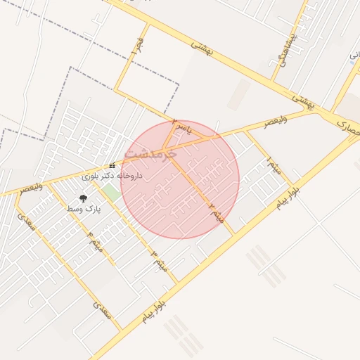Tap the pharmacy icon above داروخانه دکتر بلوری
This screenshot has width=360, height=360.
[x=112, y=166]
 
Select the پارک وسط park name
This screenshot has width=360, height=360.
[x=84, y=210]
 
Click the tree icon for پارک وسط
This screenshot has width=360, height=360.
[x=84, y=199]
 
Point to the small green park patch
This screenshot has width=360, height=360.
[x=110, y=192]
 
